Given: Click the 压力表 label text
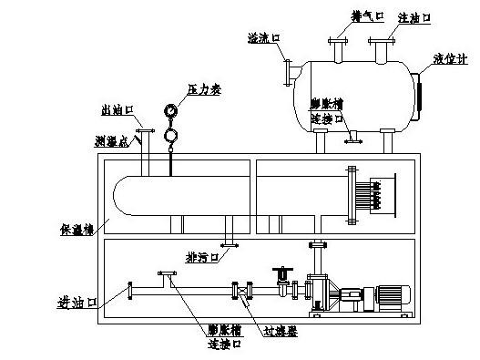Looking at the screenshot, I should [x=204, y=89].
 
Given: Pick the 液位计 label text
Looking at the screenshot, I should [x=450, y=59].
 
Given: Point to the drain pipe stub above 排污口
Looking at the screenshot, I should [x=230, y=238].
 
